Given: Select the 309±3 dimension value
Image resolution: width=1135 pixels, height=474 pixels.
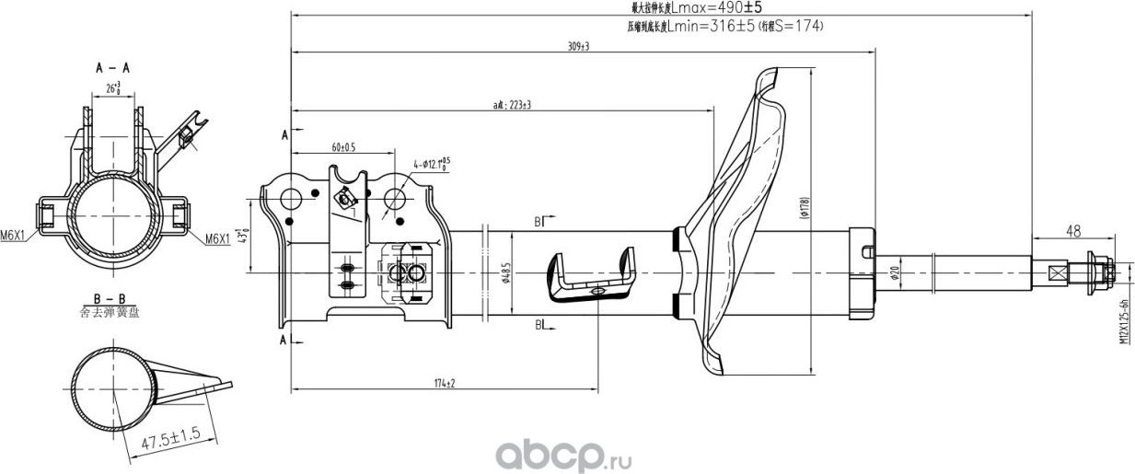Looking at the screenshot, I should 578,46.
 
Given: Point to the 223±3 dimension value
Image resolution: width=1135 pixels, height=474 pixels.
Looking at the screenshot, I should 513,105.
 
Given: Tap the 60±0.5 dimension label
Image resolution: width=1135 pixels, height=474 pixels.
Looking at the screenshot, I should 342,147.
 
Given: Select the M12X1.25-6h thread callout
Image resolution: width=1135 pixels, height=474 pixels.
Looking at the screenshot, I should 1124,321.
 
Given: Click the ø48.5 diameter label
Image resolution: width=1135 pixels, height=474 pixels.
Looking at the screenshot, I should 504,272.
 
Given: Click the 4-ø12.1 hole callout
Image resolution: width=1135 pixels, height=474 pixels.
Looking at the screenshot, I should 432,166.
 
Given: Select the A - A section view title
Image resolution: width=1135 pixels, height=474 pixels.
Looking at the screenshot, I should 111,68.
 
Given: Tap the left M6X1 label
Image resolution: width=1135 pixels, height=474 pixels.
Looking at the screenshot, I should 14,237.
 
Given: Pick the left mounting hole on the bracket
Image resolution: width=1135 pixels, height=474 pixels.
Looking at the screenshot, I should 291,198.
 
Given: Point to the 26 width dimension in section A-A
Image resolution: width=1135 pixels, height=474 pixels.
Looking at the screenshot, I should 112,88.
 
